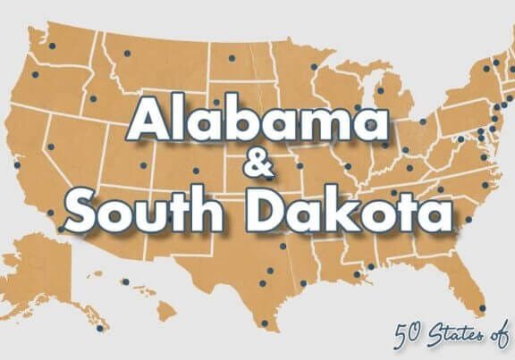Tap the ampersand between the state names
[x=256, y=167]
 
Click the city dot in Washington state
[x=52, y=46]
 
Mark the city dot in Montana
[x=125, y=56]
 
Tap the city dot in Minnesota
[x=312, y=68]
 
